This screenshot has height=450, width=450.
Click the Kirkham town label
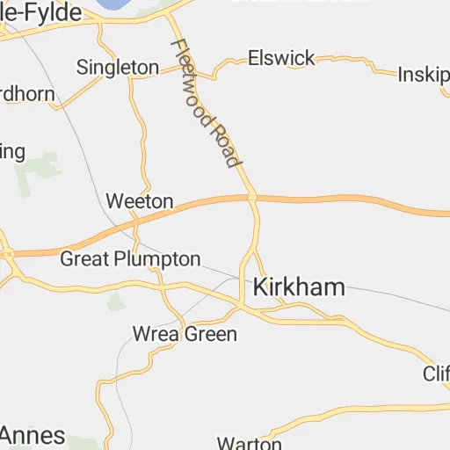coord(298,287)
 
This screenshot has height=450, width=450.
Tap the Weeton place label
coord(139,201)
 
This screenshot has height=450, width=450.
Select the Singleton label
coord(118,67)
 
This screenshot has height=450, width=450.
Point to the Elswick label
coord(281,58)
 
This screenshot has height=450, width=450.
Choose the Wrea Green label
coord(184,334)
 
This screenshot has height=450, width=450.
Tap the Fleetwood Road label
coord(205,103)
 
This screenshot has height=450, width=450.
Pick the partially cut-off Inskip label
coord(424,74)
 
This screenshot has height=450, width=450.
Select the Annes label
coord(33,435)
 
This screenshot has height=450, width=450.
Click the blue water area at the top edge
coord(111,4)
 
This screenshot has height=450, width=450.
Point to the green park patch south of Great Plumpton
coord(115,301)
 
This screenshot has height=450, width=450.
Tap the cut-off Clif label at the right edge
coord(436,374)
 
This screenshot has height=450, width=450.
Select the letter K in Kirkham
coord(261,287)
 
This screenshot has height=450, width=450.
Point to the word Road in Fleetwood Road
coord(223,140)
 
